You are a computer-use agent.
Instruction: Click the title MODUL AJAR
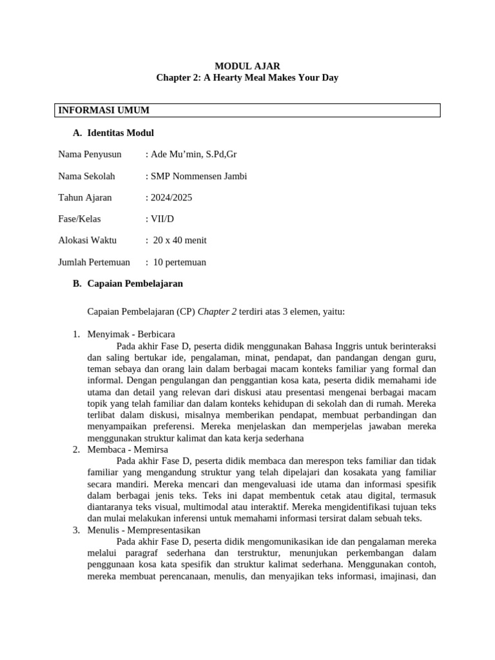point(247,66)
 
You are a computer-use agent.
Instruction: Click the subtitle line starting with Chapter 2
point(247,78)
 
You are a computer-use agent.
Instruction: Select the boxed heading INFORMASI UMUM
point(104,110)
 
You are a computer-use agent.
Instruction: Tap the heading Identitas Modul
point(120,133)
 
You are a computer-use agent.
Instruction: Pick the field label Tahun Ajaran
point(84,197)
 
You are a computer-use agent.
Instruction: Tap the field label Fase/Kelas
point(79,219)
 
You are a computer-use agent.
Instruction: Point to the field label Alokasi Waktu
point(87,240)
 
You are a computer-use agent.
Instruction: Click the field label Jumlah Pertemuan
point(94,262)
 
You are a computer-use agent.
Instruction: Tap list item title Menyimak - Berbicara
point(131,334)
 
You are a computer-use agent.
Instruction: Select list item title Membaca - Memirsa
point(127,449)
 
